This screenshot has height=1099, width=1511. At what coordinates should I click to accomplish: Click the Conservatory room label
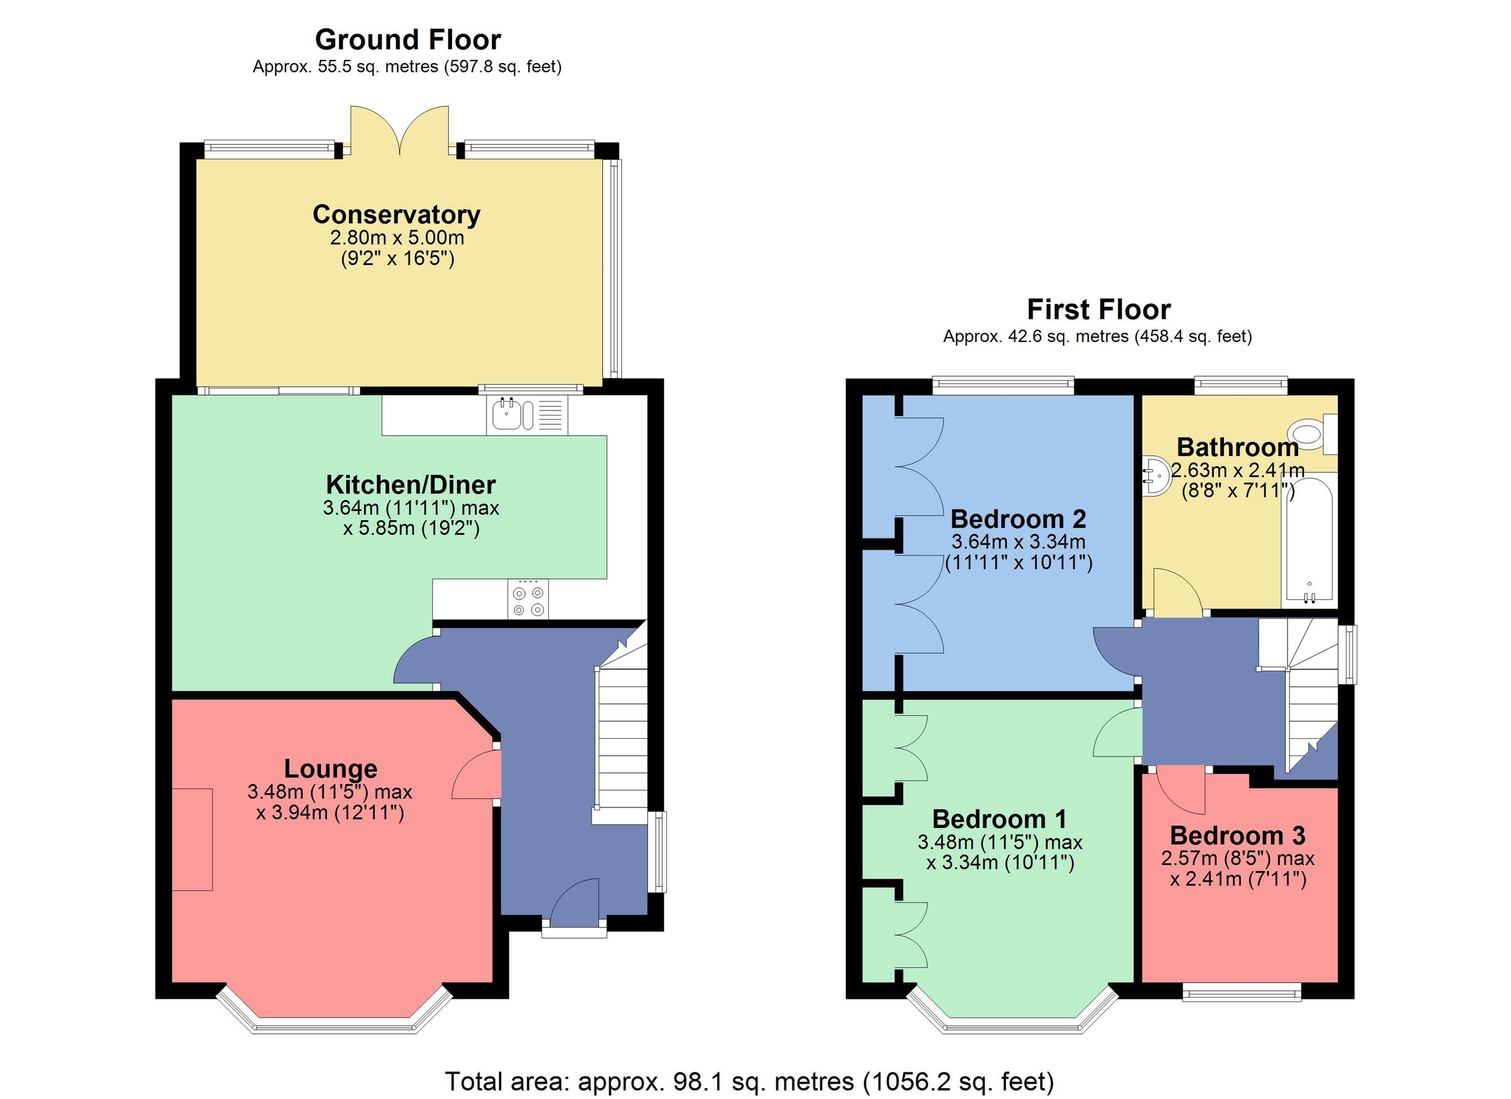(397, 215)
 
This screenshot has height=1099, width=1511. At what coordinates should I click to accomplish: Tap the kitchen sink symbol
(508, 415)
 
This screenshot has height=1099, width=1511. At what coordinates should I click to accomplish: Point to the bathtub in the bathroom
(1308, 540)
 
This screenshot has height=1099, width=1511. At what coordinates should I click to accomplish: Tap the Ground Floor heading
(408, 40)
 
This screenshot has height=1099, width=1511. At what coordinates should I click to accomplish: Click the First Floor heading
(1099, 310)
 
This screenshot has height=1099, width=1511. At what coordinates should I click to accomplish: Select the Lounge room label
(331, 768)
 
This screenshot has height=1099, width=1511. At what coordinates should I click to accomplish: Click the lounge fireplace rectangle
(193, 839)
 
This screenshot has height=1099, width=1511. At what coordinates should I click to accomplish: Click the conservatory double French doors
(400, 130)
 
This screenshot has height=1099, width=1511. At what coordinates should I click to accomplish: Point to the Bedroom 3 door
(1182, 791)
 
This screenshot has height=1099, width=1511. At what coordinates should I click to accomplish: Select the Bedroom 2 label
(1018, 518)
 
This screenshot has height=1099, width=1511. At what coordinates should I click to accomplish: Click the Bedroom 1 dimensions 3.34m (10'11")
(1000, 862)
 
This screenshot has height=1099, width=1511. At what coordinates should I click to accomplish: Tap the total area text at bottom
(749, 1081)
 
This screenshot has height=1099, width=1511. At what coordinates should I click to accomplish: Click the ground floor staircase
(621, 733)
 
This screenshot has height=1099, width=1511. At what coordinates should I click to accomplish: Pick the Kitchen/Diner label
(410, 484)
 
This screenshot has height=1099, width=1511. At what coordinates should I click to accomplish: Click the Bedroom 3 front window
(1242, 994)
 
